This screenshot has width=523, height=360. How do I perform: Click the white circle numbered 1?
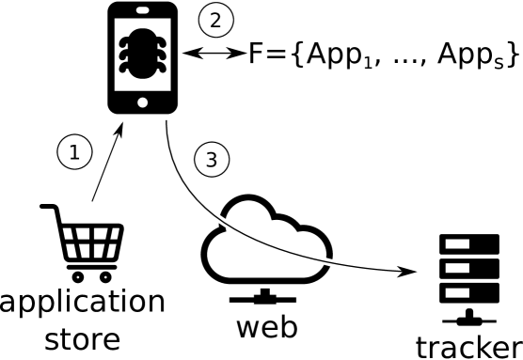tap(74, 151)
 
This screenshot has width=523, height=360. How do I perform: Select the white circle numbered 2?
tap(215, 20)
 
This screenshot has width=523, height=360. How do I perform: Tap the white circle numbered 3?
tap(212, 160)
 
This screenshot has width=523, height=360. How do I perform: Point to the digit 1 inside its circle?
tap(74, 152)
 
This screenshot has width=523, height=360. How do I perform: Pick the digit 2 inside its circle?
tap(215, 20)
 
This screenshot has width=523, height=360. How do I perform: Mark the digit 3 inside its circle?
tap(212, 160)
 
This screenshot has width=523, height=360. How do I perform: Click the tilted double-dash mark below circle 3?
tap(222, 221)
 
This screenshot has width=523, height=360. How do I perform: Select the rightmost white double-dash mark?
tap(326, 261)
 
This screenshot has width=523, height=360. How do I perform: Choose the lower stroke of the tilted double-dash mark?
tap(220, 224)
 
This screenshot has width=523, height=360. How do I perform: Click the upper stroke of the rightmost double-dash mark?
tap(327, 258)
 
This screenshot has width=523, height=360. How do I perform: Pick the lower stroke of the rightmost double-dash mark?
tap(326, 264)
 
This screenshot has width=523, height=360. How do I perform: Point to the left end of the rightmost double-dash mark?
tap(320, 260)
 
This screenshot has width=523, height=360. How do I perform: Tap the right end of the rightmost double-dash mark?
tap(334, 262)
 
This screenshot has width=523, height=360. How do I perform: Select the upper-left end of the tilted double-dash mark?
tap(215, 217)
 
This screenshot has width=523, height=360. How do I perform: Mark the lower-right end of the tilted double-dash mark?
tap(229, 225)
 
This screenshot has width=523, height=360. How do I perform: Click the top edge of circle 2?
tap(215, 4)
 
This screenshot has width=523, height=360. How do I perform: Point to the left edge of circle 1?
tap(58, 151)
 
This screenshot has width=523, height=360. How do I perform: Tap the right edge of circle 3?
tap(228, 160)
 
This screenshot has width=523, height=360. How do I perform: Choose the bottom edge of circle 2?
tap(215, 36)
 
